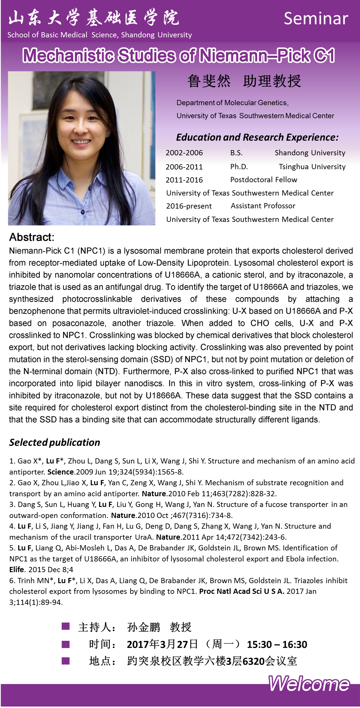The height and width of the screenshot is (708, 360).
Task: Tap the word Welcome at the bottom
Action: coord(309,684)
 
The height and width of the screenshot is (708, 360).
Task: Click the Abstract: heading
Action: coord(32,237)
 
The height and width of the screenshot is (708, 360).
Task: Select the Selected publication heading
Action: coord(54,442)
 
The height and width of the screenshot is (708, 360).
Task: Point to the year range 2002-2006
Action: coord(184,153)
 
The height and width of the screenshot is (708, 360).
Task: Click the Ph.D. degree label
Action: coord(239,167)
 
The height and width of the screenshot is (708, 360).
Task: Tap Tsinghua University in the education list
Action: coord(312,167)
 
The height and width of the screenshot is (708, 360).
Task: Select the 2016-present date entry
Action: coord(189,206)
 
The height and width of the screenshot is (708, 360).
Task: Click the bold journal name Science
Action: coord(60,472)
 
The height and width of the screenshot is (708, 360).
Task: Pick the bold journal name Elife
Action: coord(17,570)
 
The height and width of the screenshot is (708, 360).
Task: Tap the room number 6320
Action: coord(253,661)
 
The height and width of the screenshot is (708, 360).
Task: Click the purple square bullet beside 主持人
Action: coord(66,627)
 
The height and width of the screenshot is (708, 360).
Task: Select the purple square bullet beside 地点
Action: coord(66,661)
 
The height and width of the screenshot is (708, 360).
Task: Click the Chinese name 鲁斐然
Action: coord(209,81)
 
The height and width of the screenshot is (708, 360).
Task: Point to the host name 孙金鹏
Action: coord(143,627)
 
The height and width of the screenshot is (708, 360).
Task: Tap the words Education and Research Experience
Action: coord(257,137)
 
